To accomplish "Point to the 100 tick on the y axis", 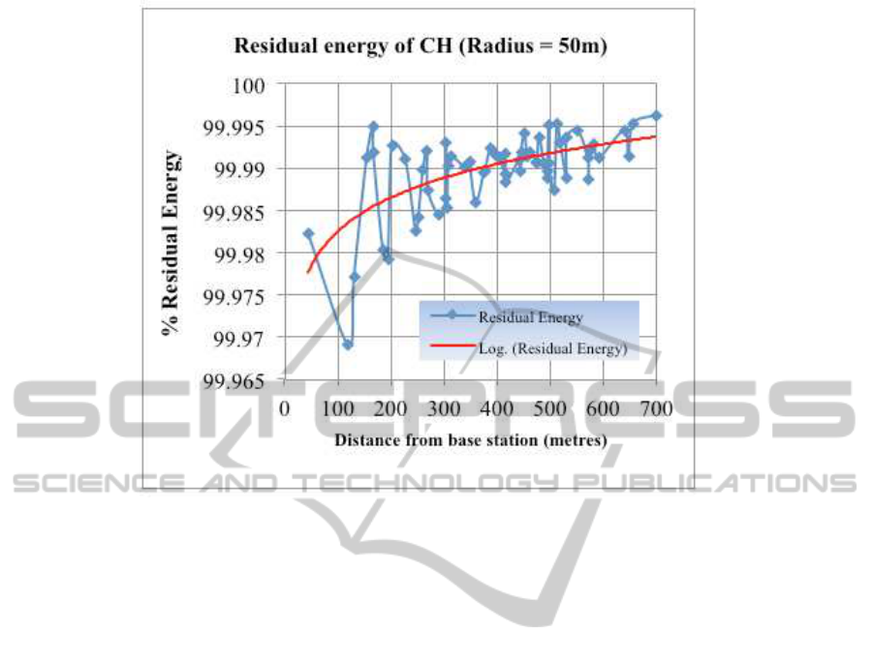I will coord(252,85).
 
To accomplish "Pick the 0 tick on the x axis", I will coord(285,408).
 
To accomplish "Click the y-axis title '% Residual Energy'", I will coord(171,242).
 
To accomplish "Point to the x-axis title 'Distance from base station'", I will coord(471,440).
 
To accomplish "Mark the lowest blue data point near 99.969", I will coord(348,344).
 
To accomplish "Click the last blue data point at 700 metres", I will coord(657,115).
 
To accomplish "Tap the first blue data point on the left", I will coord(308,233).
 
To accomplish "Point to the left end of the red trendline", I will coord(308,272).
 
